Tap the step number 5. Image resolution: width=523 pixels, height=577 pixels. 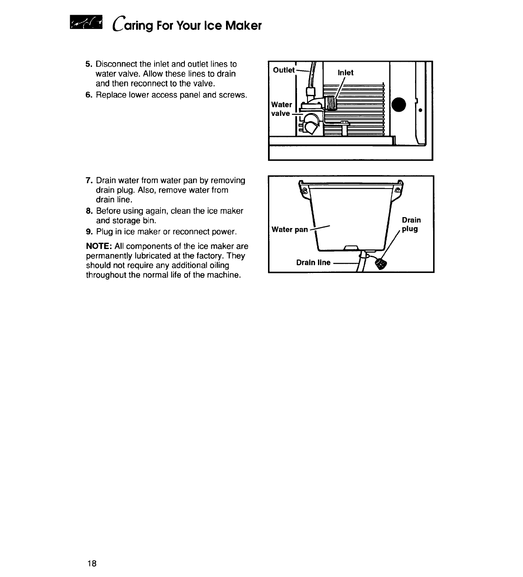(x=88, y=64)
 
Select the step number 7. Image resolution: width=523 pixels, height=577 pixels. (x=88, y=181)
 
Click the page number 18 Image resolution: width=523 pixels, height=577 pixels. (x=92, y=563)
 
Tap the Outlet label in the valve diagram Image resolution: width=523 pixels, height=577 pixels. (x=284, y=70)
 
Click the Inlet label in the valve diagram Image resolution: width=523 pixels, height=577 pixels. (x=346, y=73)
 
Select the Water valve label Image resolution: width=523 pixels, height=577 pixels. (x=281, y=109)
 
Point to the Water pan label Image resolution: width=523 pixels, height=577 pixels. (x=290, y=229)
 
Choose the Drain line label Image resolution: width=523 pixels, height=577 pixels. (x=313, y=263)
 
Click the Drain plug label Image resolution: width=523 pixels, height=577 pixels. (x=411, y=225)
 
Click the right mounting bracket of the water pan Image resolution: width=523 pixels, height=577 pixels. (x=397, y=190)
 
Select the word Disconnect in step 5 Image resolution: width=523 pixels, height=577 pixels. (x=116, y=64)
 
